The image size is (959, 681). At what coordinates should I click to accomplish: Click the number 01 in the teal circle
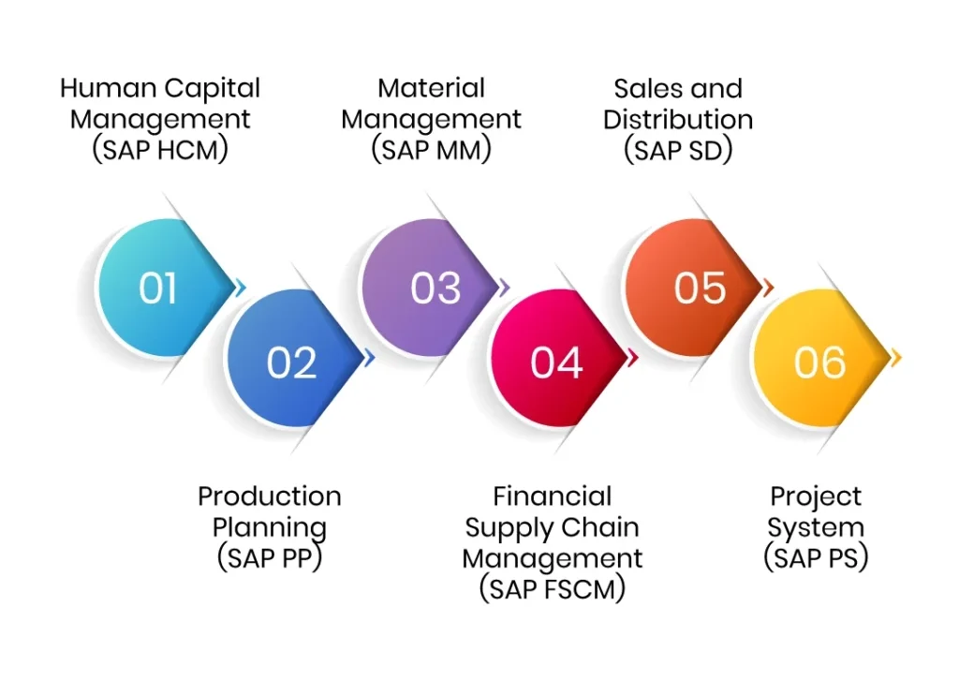click(x=158, y=289)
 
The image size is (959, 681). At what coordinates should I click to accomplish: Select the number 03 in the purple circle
click(x=435, y=289)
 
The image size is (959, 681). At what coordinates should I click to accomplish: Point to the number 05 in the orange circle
click(x=700, y=289)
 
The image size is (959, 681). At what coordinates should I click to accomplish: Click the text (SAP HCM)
click(x=160, y=150)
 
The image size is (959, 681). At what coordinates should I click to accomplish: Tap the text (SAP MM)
click(x=431, y=150)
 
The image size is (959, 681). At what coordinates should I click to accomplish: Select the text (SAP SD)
click(x=678, y=150)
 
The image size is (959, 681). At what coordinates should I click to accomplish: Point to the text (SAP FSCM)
click(x=553, y=589)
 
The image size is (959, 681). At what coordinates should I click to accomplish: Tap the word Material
click(x=431, y=89)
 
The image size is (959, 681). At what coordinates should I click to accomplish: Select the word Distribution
click(x=678, y=120)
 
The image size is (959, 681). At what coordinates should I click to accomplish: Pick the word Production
click(x=270, y=496)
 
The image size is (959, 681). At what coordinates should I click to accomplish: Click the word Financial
click(x=553, y=496)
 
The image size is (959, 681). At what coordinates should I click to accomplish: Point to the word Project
click(x=816, y=496)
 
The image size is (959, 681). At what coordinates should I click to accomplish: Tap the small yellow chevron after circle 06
click(x=896, y=358)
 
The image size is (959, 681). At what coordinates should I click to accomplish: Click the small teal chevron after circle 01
click(x=242, y=288)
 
